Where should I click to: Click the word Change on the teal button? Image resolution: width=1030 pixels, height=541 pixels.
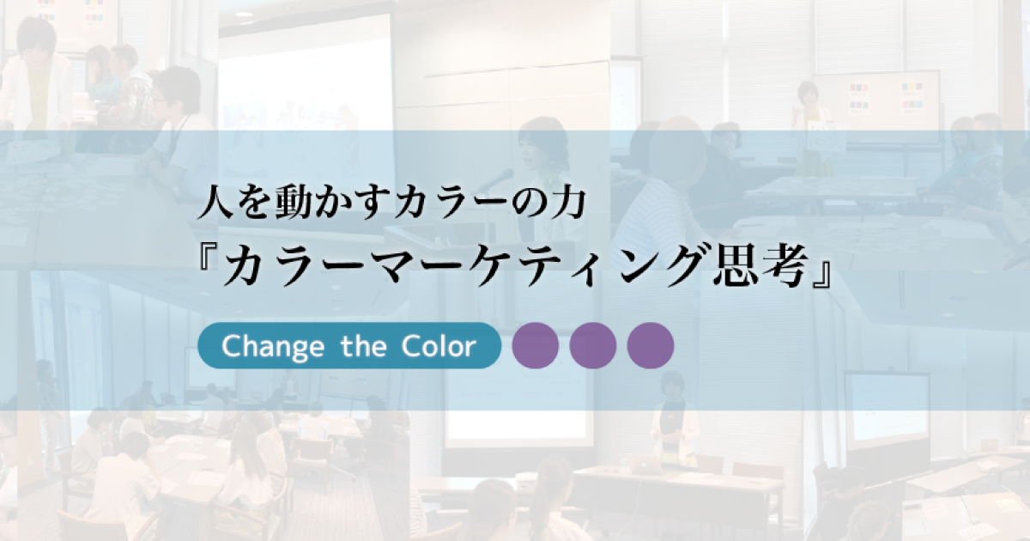point(261,346)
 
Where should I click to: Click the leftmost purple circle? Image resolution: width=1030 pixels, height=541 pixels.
point(536,346)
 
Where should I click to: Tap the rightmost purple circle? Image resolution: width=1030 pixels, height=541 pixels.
point(651,346)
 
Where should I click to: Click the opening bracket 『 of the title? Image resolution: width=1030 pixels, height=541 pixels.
point(209,268)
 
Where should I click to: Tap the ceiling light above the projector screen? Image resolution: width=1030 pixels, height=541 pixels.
point(244,15)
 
